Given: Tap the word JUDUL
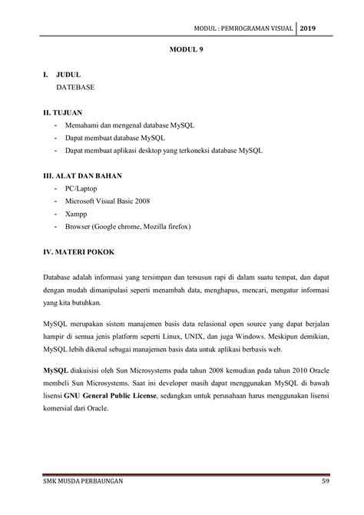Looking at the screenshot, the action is pyautogui.click(x=70, y=75).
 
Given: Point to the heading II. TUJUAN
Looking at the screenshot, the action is pyautogui.click(x=67, y=111).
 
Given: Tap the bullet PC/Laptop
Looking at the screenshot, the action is pyautogui.click(x=83, y=188).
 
